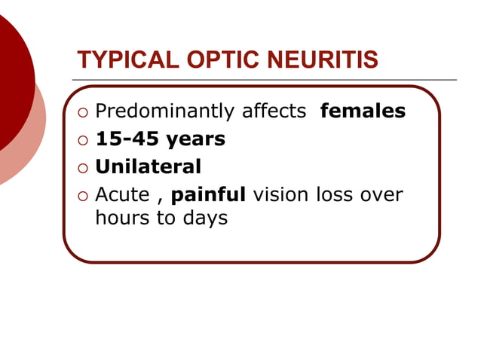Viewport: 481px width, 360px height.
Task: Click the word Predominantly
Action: click(165, 112)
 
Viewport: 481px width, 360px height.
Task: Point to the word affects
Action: click(274, 111)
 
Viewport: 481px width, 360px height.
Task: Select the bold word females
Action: click(363, 111)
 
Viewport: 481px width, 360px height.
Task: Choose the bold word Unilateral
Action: click(148, 166)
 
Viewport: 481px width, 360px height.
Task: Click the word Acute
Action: click(122, 194)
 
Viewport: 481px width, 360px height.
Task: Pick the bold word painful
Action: click(209, 194)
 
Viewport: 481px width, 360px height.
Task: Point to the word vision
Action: click(280, 194)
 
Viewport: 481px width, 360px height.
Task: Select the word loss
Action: click(335, 194)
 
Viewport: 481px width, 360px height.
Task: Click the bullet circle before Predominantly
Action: click(82, 113)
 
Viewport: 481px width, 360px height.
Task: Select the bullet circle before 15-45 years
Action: click(82, 140)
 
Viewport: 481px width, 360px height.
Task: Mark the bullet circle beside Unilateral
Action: click(82, 167)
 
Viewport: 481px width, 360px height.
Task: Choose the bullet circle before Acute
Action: click(82, 195)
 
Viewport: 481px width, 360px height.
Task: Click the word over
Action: click(382, 194)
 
